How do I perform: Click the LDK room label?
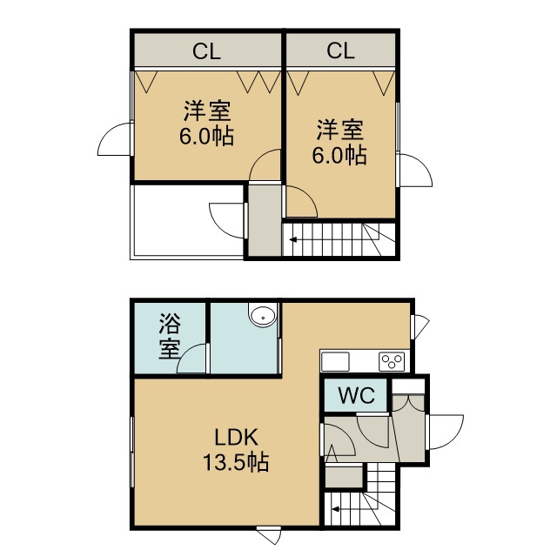click(x=236, y=437)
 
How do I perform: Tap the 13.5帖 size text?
click(x=236, y=462)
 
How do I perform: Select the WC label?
click(x=356, y=394)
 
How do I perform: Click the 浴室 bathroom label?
click(x=170, y=336)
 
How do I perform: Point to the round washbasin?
click(x=263, y=316)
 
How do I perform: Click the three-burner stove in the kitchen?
click(x=392, y=361)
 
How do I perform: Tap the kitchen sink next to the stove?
click(x=335, y=362)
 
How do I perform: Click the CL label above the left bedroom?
click(x=206, y=51)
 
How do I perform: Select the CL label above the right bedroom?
click(x=340, y=50)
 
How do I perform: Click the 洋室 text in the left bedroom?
click(x=207, y=111)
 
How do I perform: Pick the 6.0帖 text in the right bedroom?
click(x=339, y=155)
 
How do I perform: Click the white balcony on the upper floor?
click(x=187, y=222)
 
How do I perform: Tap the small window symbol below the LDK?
click(x=269, y=536)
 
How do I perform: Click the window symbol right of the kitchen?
click(x=421, y=325)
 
